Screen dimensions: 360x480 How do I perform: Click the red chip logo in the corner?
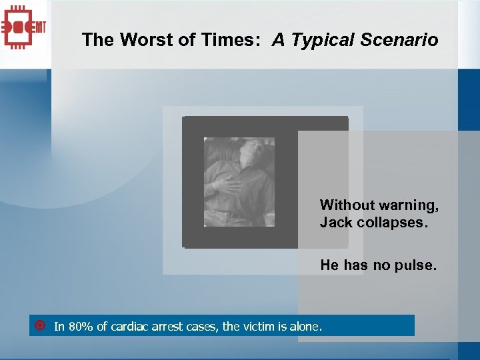[24, 27]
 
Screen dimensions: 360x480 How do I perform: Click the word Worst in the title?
[141, 40]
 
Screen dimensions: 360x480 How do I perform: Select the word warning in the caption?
[408, 205]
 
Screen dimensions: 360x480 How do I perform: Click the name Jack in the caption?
[335, 223]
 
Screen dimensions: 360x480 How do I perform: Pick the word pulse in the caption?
[417, 265]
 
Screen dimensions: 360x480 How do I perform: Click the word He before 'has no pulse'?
[329, 265]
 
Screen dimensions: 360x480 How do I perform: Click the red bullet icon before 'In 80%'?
[39, 326]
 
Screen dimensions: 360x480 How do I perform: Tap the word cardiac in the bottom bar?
[129, 327]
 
